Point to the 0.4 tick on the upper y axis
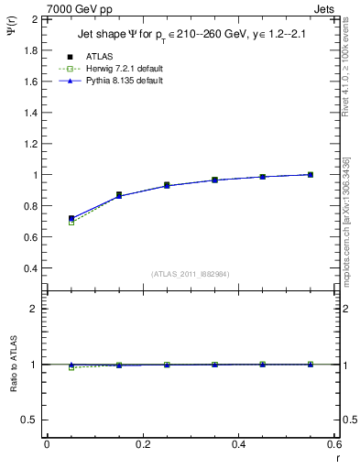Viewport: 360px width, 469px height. pos(32,268)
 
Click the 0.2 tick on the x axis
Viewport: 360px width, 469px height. pos(142,444)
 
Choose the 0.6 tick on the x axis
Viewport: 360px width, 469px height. pos(333,444)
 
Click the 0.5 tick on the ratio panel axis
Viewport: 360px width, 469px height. pos(32,420)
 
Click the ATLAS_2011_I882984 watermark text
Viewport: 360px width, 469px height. pos(190,274)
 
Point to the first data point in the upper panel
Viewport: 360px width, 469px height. pos(71,219)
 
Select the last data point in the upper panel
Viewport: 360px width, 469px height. pos(311,174)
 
